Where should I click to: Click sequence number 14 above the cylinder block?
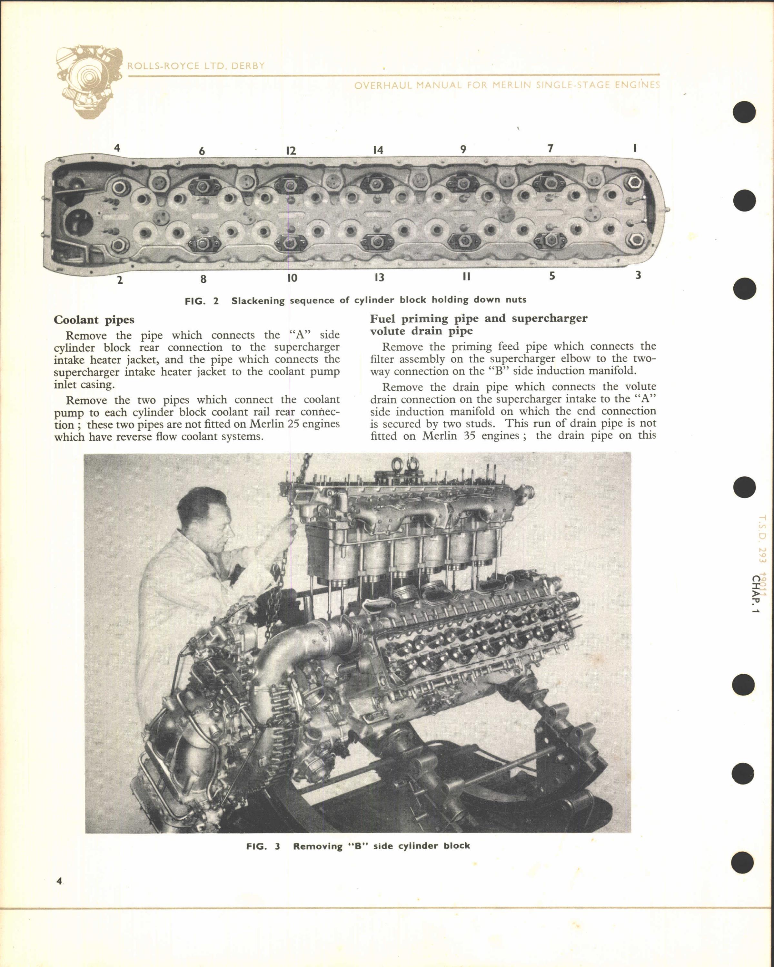point(378,150)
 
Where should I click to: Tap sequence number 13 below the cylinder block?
point(379,278)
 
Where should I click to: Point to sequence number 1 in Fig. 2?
point(634,148)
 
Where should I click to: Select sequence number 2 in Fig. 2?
point(120,281)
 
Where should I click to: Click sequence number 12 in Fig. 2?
point(291,151)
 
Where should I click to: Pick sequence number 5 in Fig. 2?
point(552,276)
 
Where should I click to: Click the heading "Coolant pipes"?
point(94,320)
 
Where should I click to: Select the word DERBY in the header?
point(248,66)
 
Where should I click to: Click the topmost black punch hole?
point(744,112)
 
